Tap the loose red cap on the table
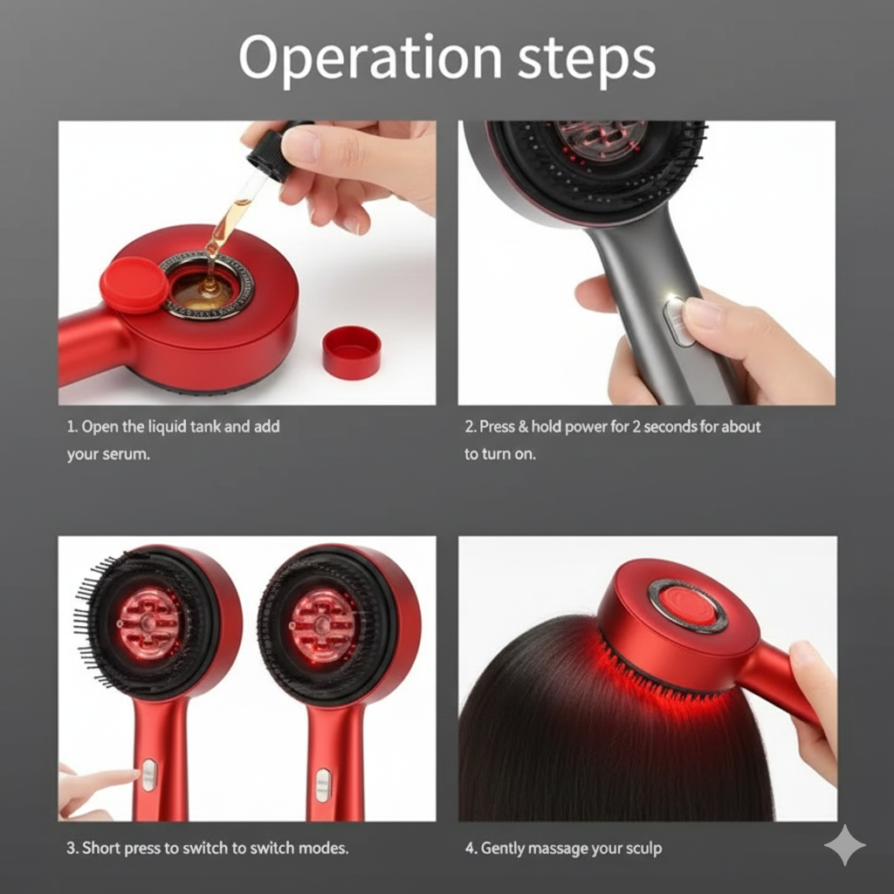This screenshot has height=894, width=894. click(x=351, y=352)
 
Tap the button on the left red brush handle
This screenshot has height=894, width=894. click(x=149, y=774)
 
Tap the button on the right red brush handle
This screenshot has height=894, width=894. click(x=323, y=783)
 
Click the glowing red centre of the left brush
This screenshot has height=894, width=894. click(x=149, y=622)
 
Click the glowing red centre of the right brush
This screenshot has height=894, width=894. click(x=322, y=624)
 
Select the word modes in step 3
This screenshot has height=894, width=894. click(x=322, y=848)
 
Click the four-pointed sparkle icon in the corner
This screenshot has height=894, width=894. click(x=844, y=844)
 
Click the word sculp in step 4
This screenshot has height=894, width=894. click(x=644, y=848)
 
